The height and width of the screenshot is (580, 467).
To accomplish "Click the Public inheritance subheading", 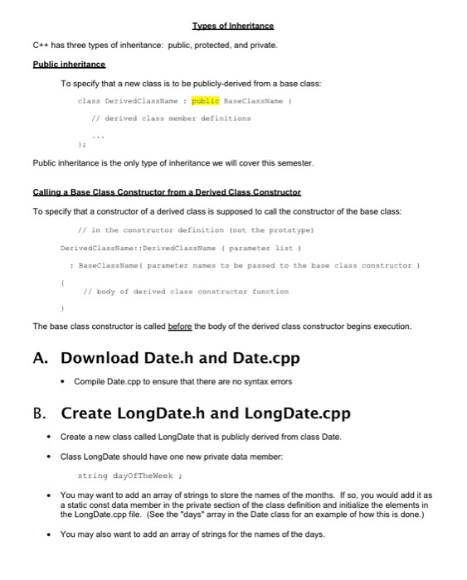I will [x=69, y=64].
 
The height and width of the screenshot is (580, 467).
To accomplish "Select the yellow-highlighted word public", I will [x=207, y=100].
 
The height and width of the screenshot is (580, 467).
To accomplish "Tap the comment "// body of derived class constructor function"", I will [x=186, y=292].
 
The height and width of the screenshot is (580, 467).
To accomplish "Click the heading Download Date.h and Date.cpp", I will [x=180, y=359].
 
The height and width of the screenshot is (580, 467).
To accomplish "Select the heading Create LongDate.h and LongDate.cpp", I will [x=206, y=413].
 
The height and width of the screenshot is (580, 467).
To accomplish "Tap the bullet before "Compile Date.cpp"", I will [x=64, y=381].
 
